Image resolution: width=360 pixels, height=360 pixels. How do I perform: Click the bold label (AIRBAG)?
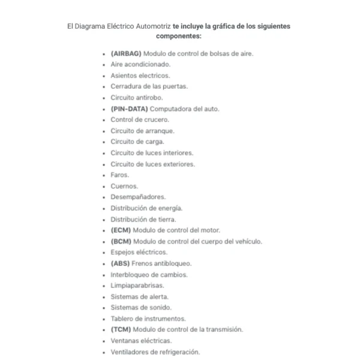(x=126, y=53)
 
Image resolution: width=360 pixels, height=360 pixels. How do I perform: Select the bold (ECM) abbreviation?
(x=120, y=230)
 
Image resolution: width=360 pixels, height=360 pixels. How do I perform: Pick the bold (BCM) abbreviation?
(x=121, y=241)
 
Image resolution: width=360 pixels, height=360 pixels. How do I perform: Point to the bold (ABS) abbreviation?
(x=120, y=263)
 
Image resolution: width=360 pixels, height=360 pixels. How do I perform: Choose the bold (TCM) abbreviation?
(x=120, y=329)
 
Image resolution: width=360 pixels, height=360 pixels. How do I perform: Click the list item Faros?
(x=120, y=175)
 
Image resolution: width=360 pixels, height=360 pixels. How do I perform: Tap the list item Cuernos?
(x=124, y=186)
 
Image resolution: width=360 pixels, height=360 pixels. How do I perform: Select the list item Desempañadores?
(x=138, y=197)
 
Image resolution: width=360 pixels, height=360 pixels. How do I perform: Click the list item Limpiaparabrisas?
(x=137, y=286)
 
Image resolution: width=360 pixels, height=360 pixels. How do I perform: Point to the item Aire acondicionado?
(x=140, y=64)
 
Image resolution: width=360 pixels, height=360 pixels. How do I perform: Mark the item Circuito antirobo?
(x=136, y=97)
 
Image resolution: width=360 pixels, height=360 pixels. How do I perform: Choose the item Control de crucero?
(x=136, y=119)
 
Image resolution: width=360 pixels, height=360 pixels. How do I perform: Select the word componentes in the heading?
(x=178, y=37)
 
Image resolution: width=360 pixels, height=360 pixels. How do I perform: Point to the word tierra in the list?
(x=164, y=219)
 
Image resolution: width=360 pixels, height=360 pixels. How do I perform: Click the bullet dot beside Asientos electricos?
(x=105, y=76)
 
